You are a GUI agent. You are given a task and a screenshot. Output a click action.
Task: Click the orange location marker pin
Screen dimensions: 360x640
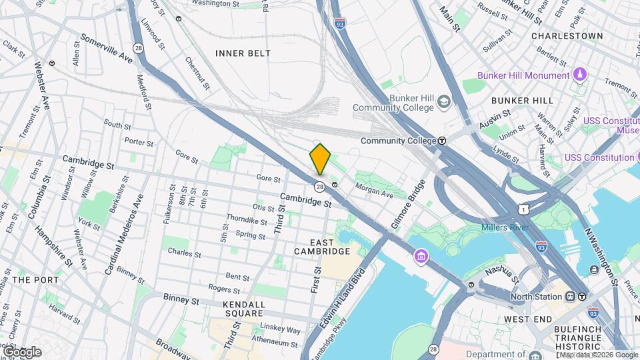tap(320, 159)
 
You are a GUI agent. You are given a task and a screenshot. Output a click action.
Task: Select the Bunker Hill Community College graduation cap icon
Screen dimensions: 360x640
tap(443, 102)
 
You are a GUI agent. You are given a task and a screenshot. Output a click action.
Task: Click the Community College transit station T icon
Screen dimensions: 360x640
tap(442, 141)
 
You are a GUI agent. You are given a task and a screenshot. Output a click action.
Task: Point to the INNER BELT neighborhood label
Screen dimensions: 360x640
tap(243, 53)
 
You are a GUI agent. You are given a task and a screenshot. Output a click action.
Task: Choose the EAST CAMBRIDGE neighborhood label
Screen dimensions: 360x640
tap(321, 246)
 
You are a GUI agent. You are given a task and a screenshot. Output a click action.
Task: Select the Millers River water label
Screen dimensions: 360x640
tap(505, 228)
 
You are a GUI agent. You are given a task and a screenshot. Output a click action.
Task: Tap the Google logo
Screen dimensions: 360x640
tap(22, 351)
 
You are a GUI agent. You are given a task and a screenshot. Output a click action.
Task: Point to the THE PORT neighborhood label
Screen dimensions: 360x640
tap(31, 280)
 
